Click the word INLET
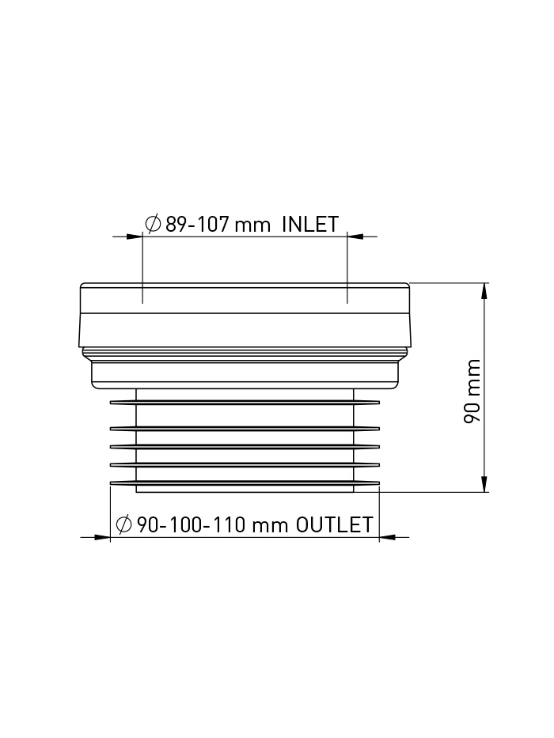(310, 224)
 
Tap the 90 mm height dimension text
(472, 391)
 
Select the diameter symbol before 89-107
(154, 224)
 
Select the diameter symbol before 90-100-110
(123, 524)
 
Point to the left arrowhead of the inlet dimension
(134, 236)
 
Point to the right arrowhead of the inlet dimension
(355, 236)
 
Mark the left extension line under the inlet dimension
(142, 269)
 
